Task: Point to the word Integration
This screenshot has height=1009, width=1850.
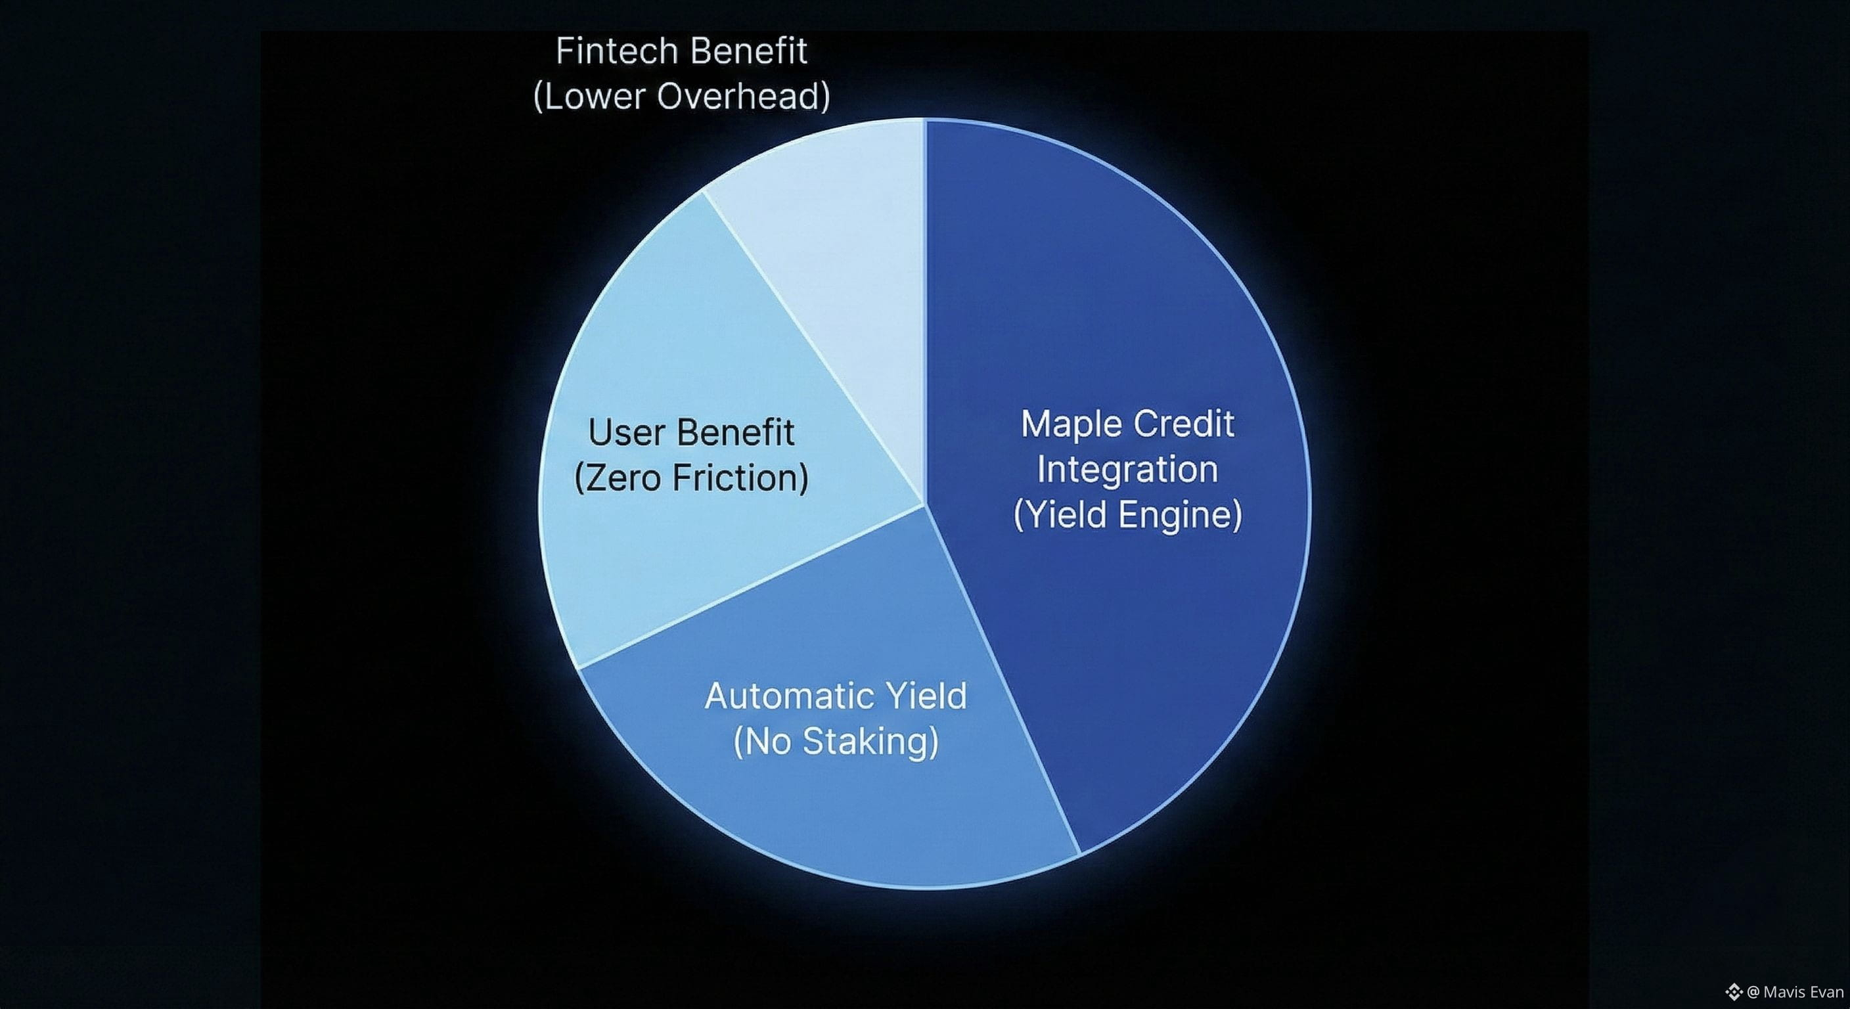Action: [1127, 470]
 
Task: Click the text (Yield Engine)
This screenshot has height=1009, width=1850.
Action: [1127, 515]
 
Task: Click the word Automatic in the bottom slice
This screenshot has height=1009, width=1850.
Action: [783, 696]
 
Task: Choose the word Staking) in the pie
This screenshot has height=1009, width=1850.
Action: [870, 742]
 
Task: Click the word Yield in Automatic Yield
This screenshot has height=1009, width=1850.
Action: [926, 696]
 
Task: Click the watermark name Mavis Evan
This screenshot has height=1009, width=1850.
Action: [1803, 992]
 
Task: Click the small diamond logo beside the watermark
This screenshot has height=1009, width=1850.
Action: [1734, 992]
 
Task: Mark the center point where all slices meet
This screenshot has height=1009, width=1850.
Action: [924, 504]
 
